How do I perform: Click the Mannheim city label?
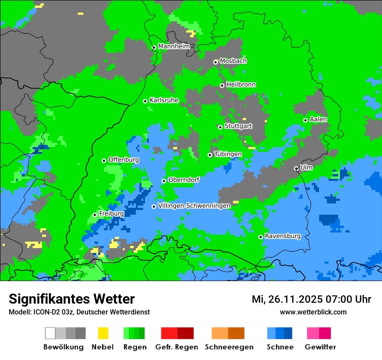(174, 46)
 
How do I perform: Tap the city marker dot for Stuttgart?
(220, 127)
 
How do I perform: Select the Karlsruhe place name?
(164, 100)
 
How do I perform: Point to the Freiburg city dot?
(95, 215)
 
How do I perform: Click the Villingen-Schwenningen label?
(194, 206)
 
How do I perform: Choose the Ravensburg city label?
(283, 236)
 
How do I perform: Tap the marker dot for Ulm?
(296, 168)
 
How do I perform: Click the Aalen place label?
(318, 119)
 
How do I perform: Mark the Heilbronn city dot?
(222, 85)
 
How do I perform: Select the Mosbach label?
(233, 61)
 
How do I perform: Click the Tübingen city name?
(228, 154)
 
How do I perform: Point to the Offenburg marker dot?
(104, 160)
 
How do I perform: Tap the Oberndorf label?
(184, 180)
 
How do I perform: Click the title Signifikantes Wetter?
(72, 299)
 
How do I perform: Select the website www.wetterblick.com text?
(313, 312)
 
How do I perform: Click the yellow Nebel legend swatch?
(103, 333)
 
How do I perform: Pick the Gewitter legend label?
(320, 347)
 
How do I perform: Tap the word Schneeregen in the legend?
(229, 347)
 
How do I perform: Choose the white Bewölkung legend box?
(50, 333)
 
